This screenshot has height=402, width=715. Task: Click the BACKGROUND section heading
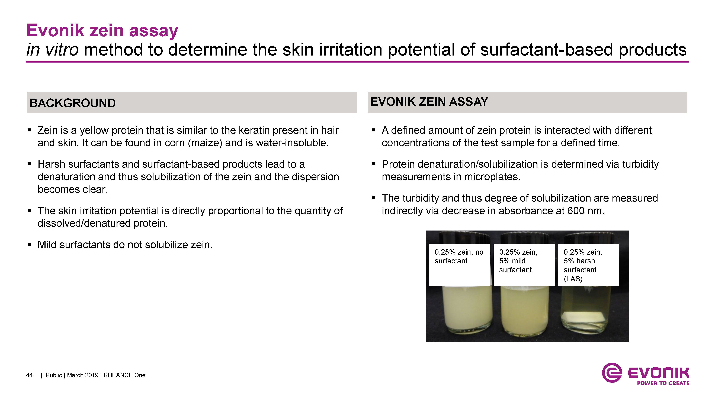coord(72,103)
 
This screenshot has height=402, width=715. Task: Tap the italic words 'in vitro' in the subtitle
coord(52,50)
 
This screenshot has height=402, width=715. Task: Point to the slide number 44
coord(29,375)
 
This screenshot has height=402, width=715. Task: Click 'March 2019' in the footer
coord(83,375)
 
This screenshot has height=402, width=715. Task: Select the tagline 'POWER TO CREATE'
coord(663,383)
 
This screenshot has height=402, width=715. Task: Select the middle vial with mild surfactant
coord(525,311)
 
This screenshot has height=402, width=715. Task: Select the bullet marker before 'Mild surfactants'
coord(29,245)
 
